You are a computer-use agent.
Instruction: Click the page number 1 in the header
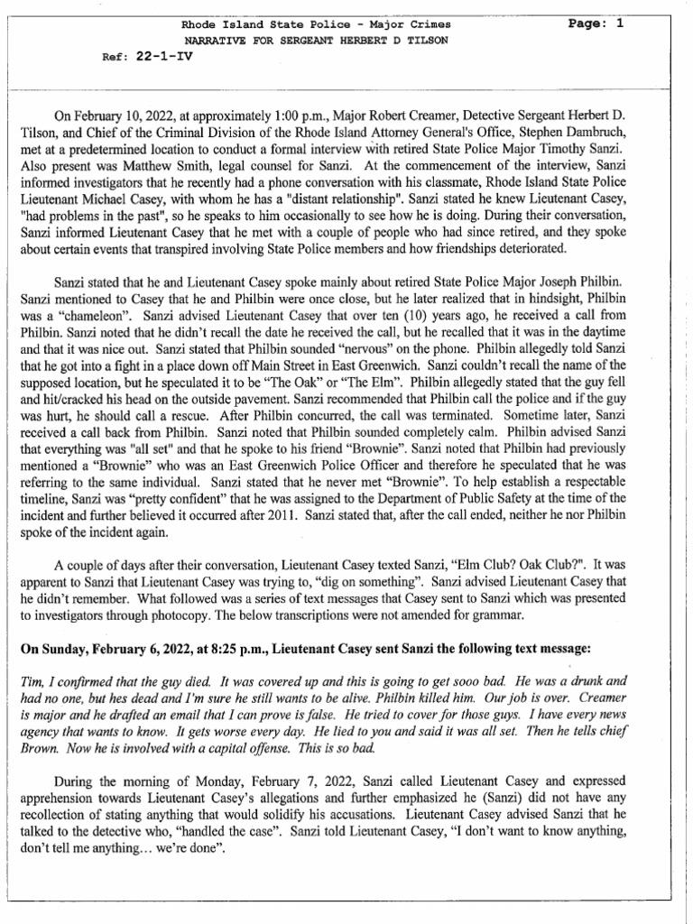(620, 24)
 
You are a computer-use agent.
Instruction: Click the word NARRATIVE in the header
(217, 42)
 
